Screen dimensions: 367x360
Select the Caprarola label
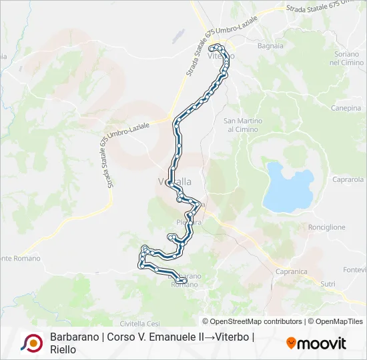point(348,179)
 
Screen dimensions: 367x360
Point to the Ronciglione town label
point(327,227)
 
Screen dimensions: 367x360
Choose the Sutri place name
point(328,284)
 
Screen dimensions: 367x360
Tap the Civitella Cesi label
point(140,305)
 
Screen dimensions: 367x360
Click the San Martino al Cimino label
point(243,125)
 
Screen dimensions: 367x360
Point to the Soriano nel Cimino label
point(344,57)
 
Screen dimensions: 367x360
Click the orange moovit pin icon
point(291,343)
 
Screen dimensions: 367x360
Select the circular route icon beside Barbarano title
point(31,343)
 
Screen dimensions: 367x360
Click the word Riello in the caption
point(63,349)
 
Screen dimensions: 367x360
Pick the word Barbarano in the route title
point(73,337)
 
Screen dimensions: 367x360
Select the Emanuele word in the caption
point(164,337)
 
